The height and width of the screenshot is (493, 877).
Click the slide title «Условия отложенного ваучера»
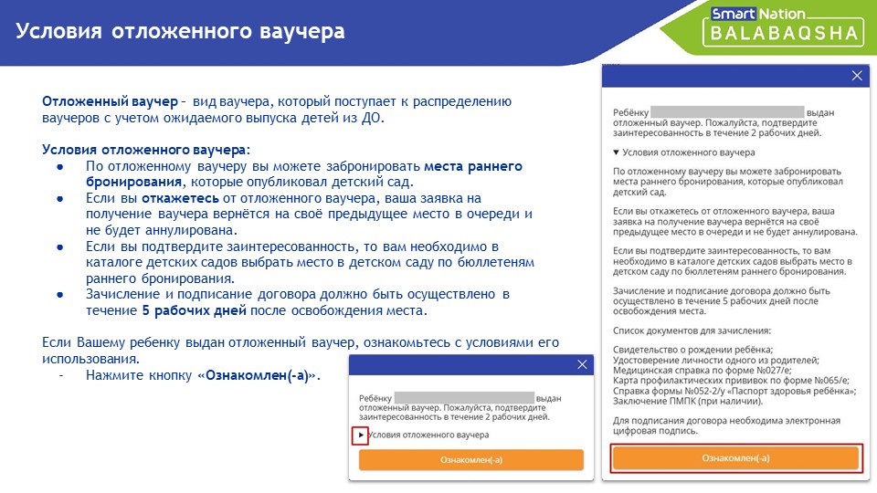click(x=180, y=31)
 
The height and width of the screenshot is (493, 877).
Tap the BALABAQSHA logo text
click(x=784, y=33)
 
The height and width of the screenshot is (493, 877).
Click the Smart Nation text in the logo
click(x=757, y=14)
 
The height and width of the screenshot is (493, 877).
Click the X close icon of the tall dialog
click(x=856, y=76)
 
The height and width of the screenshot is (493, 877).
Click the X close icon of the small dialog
click(x=582, y=364)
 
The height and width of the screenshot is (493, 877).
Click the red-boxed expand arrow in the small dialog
click(x=361, y=435)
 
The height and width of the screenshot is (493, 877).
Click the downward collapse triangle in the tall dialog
click(x=616, y=152)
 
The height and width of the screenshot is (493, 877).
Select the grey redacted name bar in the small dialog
click(x=464, y=398)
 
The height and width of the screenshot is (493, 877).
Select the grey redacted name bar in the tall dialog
click(x=727, y=111)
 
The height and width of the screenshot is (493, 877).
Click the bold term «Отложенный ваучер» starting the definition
click(x=110, y=101)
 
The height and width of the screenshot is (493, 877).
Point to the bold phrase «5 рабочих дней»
click(x=194, y=310)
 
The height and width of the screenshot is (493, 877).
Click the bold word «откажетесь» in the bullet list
click(x=180, y=198)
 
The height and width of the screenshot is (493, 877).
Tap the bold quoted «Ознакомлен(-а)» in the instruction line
click(x=258, y=375)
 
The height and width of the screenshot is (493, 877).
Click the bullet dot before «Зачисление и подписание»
click(x=60, y=295)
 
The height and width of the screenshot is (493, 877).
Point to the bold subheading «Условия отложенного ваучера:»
click(x=146, y=150)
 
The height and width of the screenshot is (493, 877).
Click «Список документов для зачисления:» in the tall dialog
click(x=692, y=330)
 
